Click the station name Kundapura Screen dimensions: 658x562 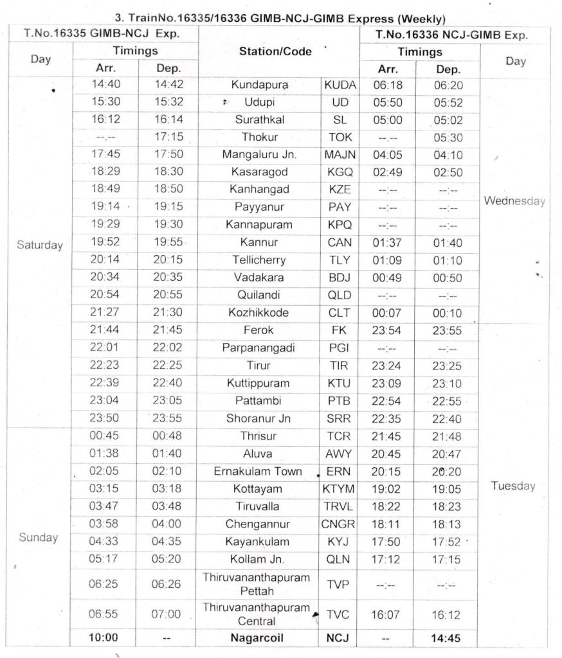click(x=259, y=84)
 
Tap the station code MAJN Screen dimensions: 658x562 click(x=340, y=154)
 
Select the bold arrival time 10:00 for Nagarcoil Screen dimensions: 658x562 click(x=103, y=638)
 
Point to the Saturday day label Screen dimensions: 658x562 click(x=40, y=245)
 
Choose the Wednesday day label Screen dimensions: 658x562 click(x=514, y=201)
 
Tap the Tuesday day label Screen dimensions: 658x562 click(x=514, y=486)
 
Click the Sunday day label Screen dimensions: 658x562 click(x=39, y=537)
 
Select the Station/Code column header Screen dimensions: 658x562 click(x=275, y=51)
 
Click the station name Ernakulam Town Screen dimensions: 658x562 click(x=258, y=471)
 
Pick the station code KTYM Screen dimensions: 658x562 click(x=338, y=488)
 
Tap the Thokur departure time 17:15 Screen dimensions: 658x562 click(x=168, y=137)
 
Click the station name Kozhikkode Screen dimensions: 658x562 click(x=259, y=312)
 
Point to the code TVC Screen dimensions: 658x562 click(x=338, y=615)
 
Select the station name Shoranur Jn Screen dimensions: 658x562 click(x=259, y=418)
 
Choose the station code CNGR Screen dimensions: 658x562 click(x=338, y=524)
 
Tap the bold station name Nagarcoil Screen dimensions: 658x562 click(x=257, y=638)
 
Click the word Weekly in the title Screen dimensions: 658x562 click(x=422, y=19)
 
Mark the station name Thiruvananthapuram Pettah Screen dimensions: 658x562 click(x=257, y=583)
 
